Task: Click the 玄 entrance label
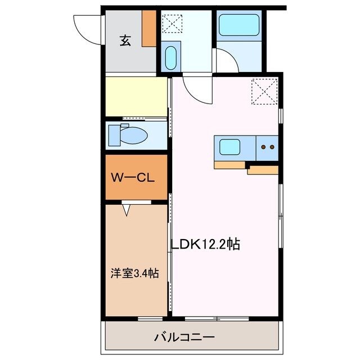pyautogui.click(x=125, y=41)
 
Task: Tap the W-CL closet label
pyautogui.click(x=133, y=178)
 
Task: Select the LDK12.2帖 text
pyautogui.click(x=206, y=245)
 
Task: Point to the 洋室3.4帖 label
pyautogui.click(x=134, y=274)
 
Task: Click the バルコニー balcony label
pyautogui.click(x=184, y=337)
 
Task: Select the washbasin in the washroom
pyautogui.click(x=171, y=58)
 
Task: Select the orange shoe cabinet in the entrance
pyautogui.click(x=149, y=28)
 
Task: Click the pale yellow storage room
pyautogui.click(x=136, y=96)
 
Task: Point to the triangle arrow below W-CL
pyautogui.click(x=127, y=210)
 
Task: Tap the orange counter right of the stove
pyautogui.click(x=263, y=169)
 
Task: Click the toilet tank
pyautogui.click(x=114, y=135)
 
